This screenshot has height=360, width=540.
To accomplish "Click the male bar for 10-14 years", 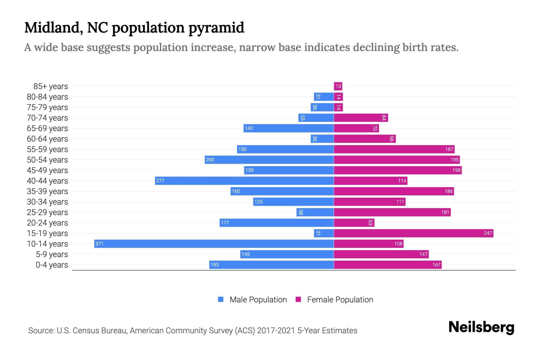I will click(x=214, y=244).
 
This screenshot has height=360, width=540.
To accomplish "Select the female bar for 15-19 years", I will click(x=413, y=233).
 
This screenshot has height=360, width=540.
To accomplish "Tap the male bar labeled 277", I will click(x=244, y=181).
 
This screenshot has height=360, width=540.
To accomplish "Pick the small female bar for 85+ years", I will click(x=338, y=86).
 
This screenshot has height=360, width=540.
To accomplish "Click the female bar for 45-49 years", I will click(x=397, y=170).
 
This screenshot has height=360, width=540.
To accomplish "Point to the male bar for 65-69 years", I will click(x=288, y=128).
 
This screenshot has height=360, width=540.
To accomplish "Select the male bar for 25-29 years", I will click(x=315, y=212).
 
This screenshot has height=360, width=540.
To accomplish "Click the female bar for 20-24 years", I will click(x=354, y=223).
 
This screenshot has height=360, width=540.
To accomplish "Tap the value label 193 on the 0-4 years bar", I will click(x=214, y=265).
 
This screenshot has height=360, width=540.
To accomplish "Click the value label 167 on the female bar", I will click(x=436, y=265).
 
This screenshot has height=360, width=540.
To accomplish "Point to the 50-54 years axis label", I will click(x=47, y=160).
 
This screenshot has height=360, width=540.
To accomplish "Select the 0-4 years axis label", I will click(x=52, y=265).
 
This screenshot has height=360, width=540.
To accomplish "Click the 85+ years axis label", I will click(x=50, y=86).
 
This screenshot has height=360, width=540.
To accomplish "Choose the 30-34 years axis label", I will click(x=47, y=202).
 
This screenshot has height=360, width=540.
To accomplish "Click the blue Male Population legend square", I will click(x=221, y=299).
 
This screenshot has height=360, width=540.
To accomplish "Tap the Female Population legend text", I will click(x=340, y=300).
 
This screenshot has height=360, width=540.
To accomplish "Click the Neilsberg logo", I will click(x=481, y=327).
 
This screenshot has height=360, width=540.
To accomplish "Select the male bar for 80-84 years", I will click(x=324, y=97).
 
